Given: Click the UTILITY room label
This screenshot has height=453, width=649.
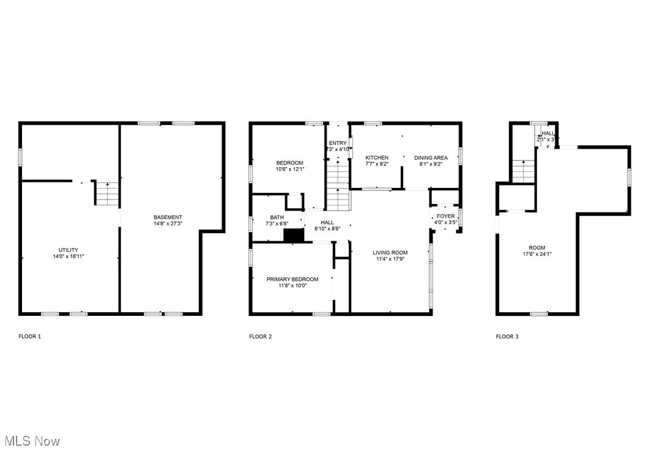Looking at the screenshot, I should click(x=68, y=250).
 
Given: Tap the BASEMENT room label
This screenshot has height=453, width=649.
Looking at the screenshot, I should click(x=168, y=217).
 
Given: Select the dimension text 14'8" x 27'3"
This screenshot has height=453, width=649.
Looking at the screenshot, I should click(x=168, y=224).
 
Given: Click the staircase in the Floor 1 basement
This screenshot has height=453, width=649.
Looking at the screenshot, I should click(x=106, y=193).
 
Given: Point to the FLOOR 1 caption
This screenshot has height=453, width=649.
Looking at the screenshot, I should click(x=30, y=336).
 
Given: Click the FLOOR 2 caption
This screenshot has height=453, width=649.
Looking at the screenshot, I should click(x=261, y=336).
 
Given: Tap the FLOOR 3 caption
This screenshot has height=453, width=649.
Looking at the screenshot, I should click(x=507, y=336).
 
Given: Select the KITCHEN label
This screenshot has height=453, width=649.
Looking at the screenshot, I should click(x=377, y=157).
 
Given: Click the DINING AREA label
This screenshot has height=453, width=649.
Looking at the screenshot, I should click(x=431, y=157).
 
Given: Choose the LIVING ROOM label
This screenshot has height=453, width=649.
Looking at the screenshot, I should click(x=390, y=252).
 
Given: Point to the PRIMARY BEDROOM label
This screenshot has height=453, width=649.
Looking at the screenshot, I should click(x=292, y=279).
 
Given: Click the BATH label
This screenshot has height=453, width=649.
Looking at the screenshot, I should click(x=277, y=217).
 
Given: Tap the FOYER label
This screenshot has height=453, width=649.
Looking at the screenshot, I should click(x=445, y=216).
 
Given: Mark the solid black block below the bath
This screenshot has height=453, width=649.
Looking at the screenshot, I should click(x=294, y=236).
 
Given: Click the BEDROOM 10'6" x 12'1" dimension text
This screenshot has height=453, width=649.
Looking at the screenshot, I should click(x=289, y=170).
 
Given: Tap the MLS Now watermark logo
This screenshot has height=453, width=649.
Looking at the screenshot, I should click(x=32, y=441).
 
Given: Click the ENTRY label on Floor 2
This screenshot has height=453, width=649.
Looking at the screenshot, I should click(x=338, y=143).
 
